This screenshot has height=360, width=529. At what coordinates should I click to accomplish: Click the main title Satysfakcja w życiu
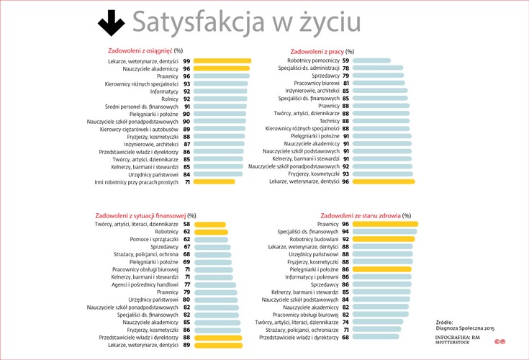246,23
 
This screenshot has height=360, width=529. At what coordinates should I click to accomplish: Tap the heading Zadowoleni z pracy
316,51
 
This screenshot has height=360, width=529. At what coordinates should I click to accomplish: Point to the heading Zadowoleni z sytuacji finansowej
141,215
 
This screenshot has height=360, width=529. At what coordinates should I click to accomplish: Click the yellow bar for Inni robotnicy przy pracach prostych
214,182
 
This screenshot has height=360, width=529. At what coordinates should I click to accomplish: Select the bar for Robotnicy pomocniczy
371,61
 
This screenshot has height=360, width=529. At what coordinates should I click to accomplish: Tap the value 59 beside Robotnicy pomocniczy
345,61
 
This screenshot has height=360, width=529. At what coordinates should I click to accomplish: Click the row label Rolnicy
168,99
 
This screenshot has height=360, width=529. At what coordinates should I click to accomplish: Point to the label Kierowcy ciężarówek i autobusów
139,130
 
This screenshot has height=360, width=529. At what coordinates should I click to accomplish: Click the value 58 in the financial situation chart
186,225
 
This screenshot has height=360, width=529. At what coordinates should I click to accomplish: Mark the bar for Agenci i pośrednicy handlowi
214,285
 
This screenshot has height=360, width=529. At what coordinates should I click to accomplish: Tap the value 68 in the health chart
345,337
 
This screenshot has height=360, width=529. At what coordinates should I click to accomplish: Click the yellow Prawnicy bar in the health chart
385,225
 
